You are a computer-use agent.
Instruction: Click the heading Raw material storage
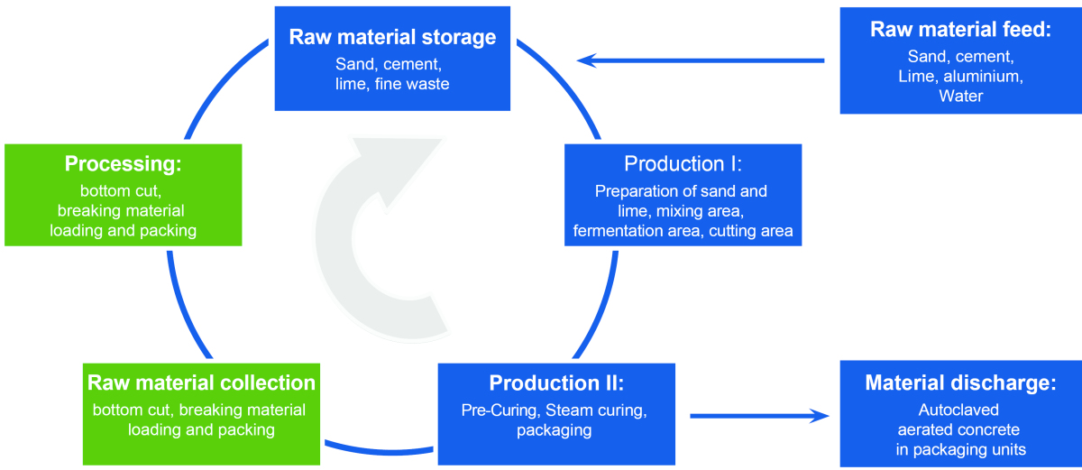(x=392, y=37)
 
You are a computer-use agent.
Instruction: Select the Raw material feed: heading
(x=960, y=29)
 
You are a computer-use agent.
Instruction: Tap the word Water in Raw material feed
(x=960, y=95)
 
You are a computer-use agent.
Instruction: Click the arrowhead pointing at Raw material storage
(x=588, y=60)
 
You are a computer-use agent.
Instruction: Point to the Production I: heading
(x=683, y=164)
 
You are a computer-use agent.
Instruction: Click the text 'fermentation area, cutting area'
(x=683, y=231)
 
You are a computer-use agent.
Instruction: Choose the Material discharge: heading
(x=960, y=382)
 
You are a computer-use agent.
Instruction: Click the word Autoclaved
(x=960, y=409)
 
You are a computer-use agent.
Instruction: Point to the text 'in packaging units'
(x=960, y=449)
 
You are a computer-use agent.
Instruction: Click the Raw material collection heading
(x=201, y=382)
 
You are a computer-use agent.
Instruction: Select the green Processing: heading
(x=124, y=164)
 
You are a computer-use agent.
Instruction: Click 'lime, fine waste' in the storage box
(x=392, y=84)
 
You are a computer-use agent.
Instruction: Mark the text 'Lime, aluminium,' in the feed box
(x=960, y=76)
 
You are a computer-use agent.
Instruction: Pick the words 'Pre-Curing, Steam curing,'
(x=555, y=410)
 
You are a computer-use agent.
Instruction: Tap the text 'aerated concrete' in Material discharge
(x=960, y=429)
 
